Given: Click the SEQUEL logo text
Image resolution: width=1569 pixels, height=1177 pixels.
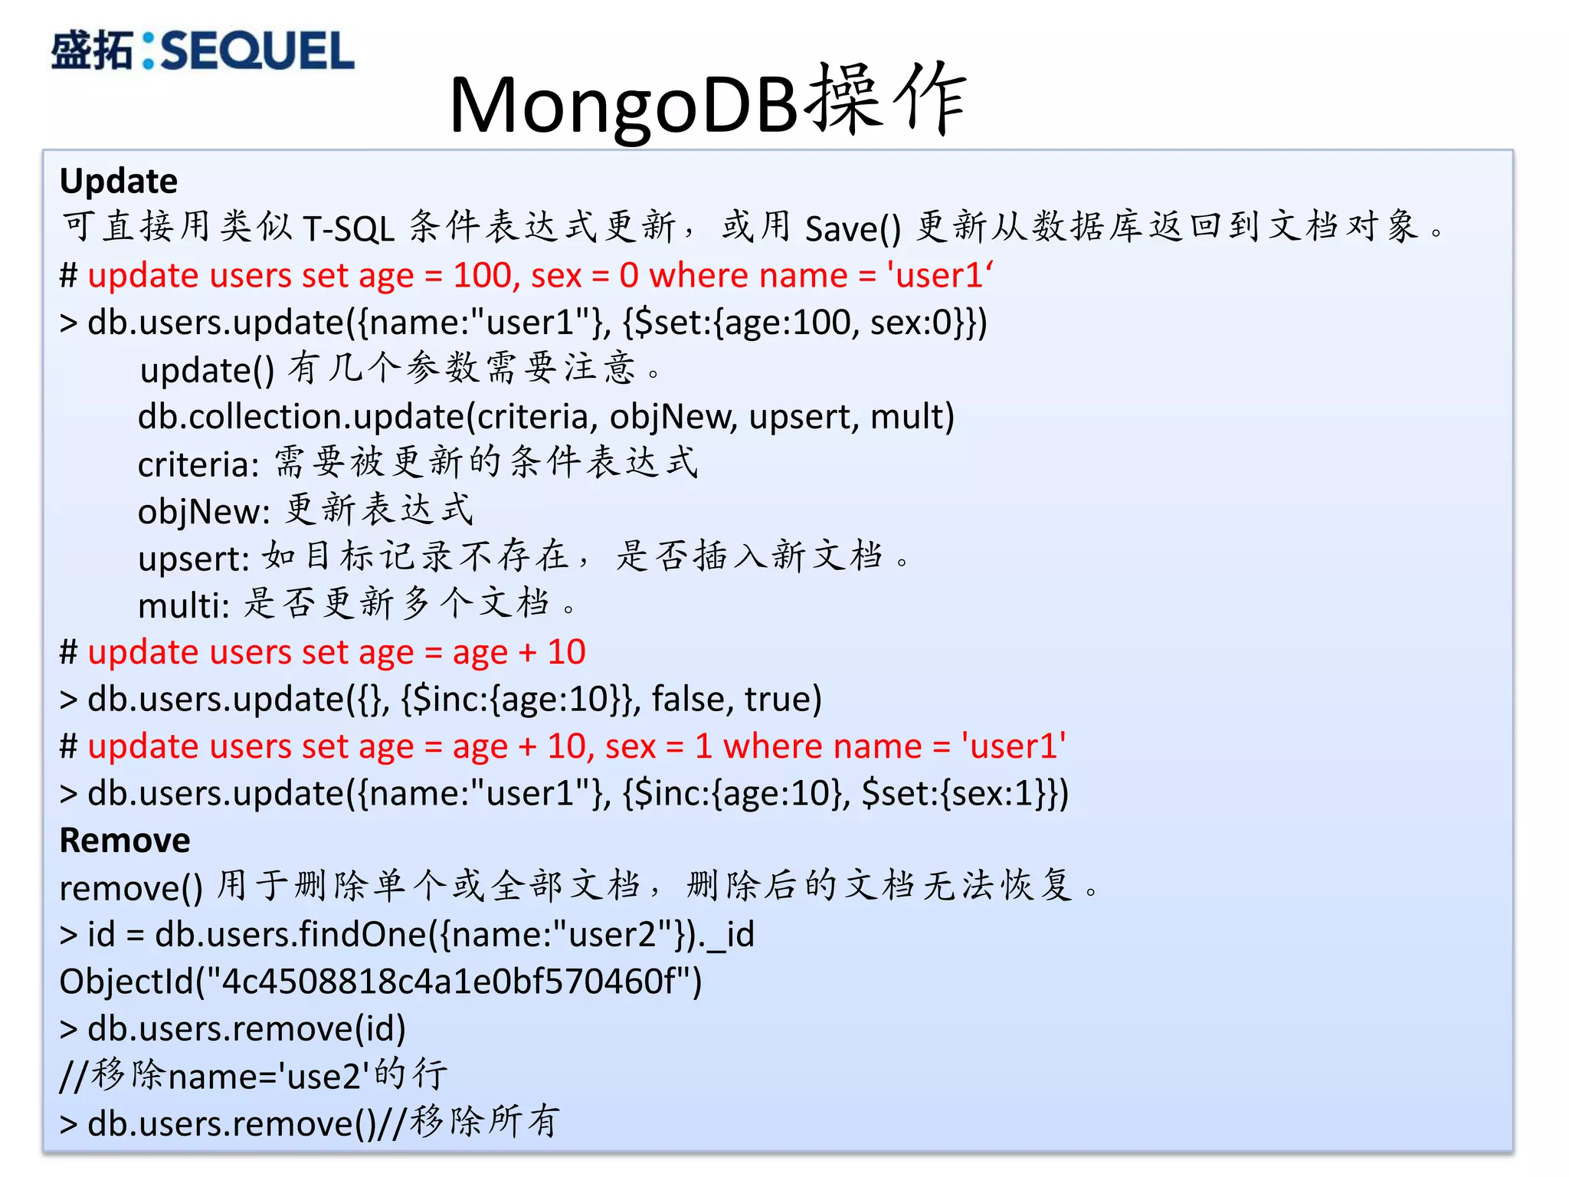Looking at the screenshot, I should click(257, 51).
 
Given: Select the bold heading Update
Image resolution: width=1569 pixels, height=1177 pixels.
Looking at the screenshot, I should click(119, 182).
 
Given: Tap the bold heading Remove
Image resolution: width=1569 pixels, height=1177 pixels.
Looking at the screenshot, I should click(125, 841).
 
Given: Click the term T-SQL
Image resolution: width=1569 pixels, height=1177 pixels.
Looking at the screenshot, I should click(349, 228).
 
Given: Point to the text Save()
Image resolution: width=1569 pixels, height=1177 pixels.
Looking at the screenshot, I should click(853, 228).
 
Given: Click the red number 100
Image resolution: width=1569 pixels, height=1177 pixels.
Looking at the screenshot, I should click(482, 275).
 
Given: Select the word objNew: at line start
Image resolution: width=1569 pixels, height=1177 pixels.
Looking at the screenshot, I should click(204, 511).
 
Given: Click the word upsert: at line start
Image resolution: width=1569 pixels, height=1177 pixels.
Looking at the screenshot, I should click(194, 559).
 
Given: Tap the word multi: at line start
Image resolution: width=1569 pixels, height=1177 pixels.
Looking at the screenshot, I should click(184, 605).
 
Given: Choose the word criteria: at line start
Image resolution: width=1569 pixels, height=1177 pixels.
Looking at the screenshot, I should click(198, 464).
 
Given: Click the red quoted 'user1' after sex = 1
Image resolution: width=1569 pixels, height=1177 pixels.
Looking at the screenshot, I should click(1014, 746).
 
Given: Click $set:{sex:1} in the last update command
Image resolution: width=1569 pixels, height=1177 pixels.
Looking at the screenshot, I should click(958, 793).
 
